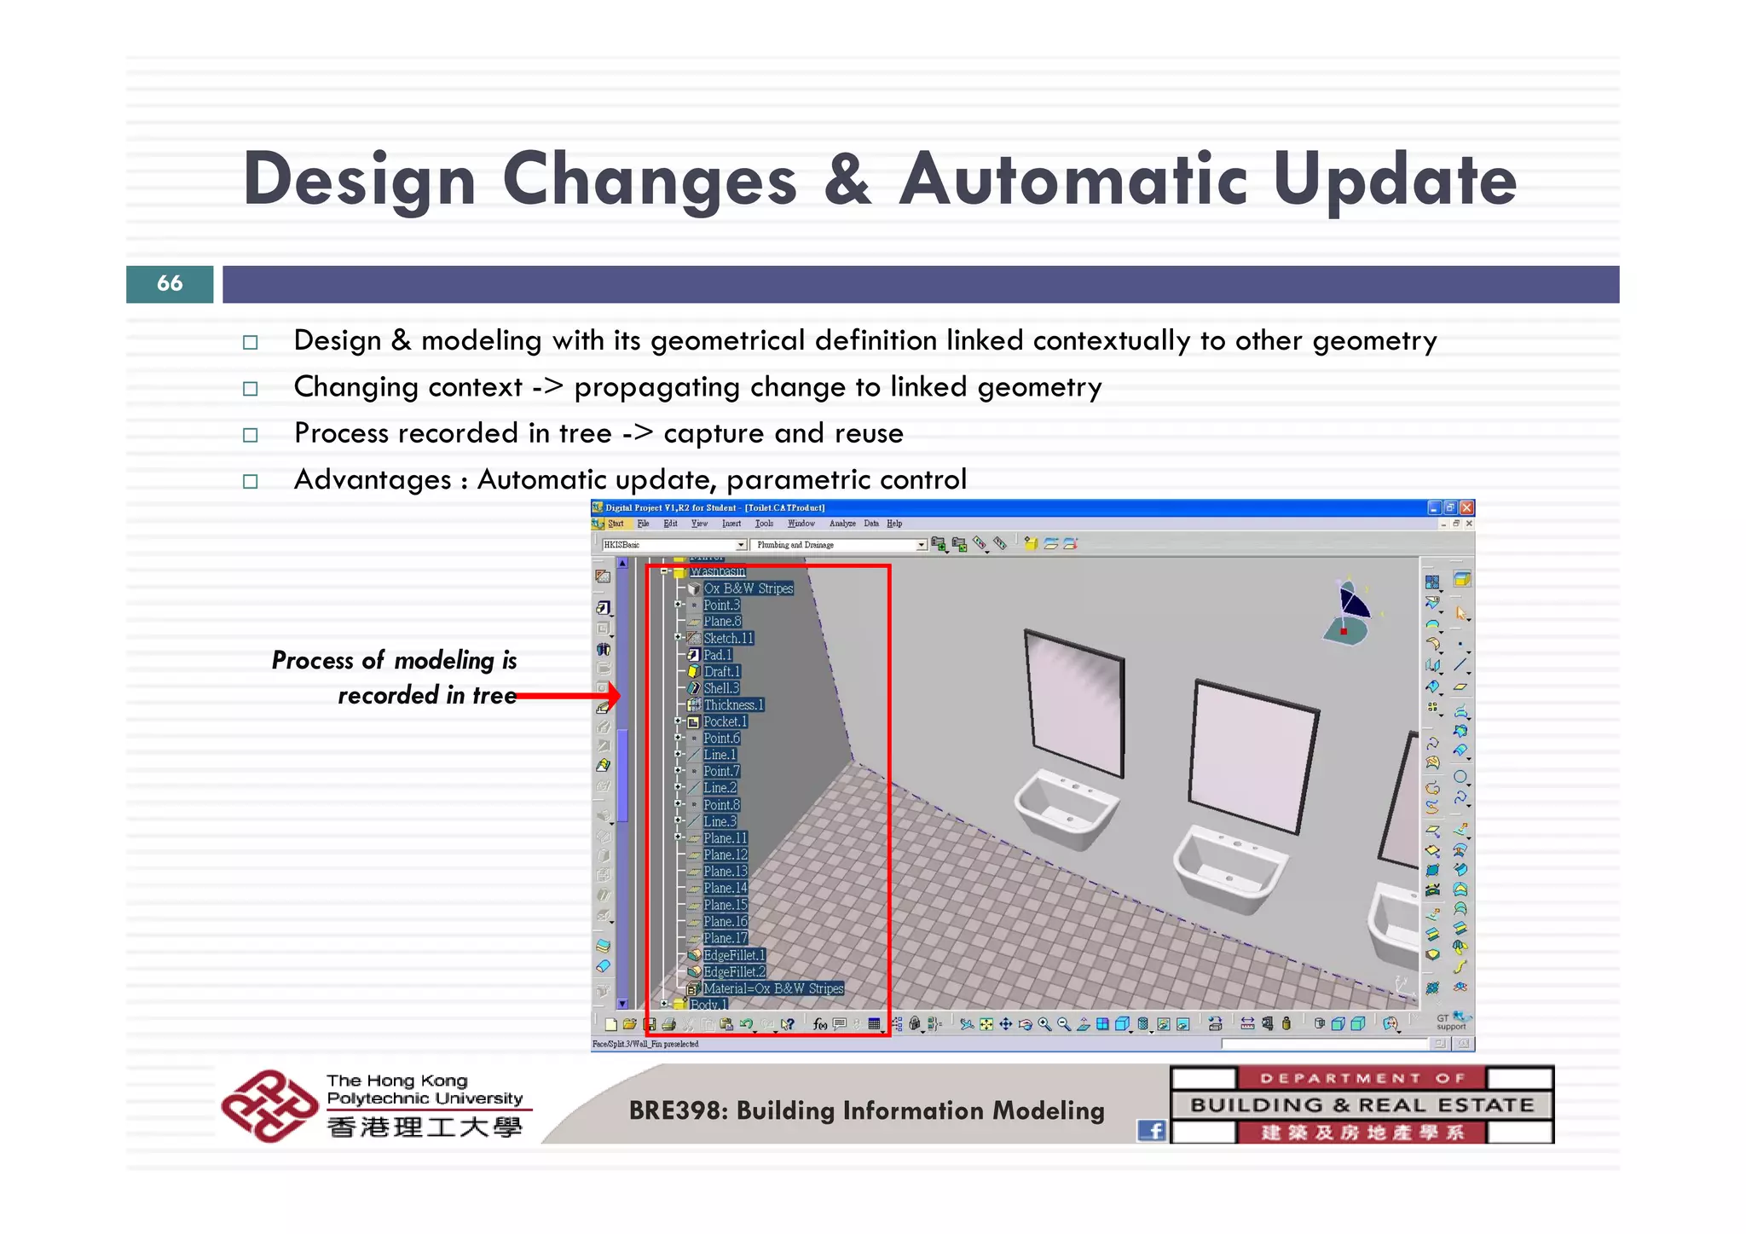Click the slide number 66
point(170,283)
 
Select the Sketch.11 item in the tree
point(728,638)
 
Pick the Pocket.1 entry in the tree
point(725,721)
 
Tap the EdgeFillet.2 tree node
point(734,971)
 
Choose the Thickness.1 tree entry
point(733,704)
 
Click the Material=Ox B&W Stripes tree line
point(772,988)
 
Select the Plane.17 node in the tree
point(725,938)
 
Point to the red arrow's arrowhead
point(611,696)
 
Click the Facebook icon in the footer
point(1152,1130)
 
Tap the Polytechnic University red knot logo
point(268,1106)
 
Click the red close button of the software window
point(1466,507)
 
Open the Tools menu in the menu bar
point(764,524)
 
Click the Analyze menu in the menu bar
point(842,524)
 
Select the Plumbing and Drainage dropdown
point(837,545)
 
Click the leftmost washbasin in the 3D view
point(1066,806)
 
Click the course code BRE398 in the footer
point(679,1110)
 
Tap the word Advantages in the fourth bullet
point(372,480)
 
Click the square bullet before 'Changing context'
point(250,389)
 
